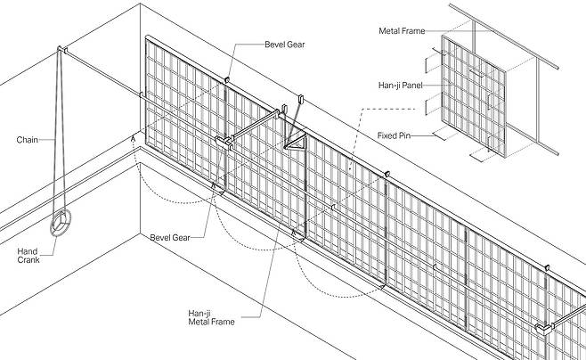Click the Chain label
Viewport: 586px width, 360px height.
point(26,140)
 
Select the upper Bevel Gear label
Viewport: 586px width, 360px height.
point(285,44)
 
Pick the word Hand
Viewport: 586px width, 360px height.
point(27,252)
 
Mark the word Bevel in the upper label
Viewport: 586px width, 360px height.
point(275,44)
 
